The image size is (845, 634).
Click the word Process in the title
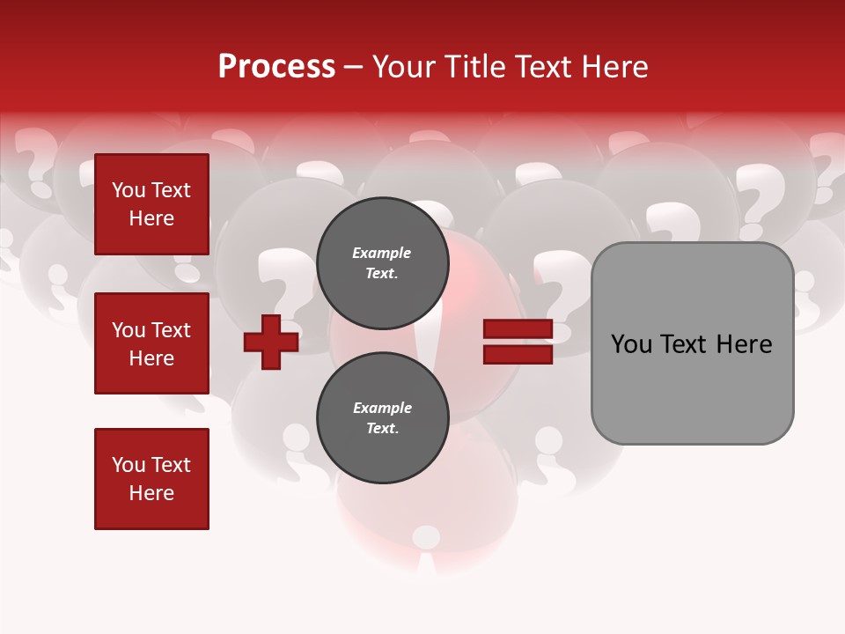point(276,67)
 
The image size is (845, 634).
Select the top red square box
point(151,204)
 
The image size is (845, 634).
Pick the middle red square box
point(151,343)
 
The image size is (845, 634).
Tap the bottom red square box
point(151,479)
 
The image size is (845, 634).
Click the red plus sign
point(271,342)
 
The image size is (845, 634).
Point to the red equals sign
point(518,342)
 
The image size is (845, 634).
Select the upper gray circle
point(382,262)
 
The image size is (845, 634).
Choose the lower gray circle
point(382,417)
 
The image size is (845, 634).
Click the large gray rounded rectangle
point(692,343)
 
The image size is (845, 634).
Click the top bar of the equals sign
point(518,329)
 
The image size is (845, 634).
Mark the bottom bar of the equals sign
point(518,354)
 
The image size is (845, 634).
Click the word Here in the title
point(616,67)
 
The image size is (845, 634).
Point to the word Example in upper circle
point(381,253)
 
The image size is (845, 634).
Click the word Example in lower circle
point(382,408)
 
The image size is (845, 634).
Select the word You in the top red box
point(129,190)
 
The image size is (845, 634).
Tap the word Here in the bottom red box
point(151,493)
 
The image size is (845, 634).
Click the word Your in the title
point(401,67)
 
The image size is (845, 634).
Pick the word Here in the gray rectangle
point(744,344)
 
